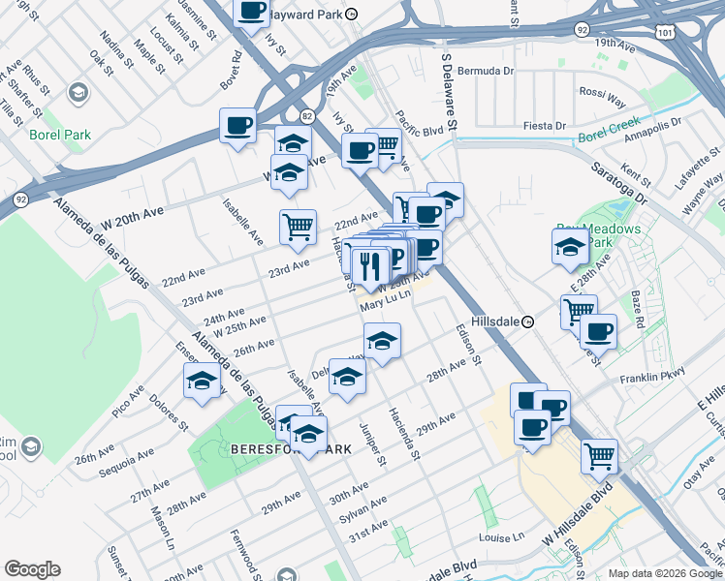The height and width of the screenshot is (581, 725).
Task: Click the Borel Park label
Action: [x=60, y=135]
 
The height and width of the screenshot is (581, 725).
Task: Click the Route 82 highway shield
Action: [x=307, y=115]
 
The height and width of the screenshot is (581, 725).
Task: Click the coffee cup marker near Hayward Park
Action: [x=252, y=11]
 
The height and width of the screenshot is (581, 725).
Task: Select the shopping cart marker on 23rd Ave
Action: [x=298, y=227]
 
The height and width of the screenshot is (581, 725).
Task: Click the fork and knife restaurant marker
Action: [x=369, y=265]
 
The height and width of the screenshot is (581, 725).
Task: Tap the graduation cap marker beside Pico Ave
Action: [x=201, y=382]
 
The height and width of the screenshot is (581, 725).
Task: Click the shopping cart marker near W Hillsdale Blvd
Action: [x=599, y=454]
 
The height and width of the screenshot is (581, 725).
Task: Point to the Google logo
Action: [x=32, y=569]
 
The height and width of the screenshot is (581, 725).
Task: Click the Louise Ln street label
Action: [x=501, y=536]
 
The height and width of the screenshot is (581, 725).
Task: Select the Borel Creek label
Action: [x=605, y=138]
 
